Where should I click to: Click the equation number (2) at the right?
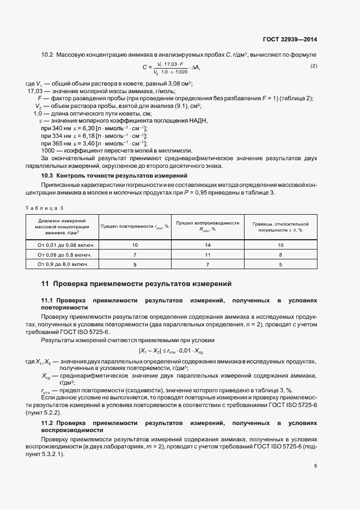[x=314, y=66]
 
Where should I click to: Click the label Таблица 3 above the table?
[x=45, y=208]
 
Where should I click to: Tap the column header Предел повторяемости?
[x=135, y=226]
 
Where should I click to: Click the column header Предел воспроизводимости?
[x=208, y=226]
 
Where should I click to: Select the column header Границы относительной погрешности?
[x=280, y=226]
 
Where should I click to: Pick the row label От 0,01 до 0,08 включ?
[x=62, y=245]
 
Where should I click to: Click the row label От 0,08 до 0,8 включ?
[x=62, y=254]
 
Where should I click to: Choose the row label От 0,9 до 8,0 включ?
[x=62, y=264]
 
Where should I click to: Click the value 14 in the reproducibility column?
[x=208, y=245]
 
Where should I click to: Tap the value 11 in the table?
[x=208, y=254]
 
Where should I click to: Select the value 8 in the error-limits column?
[x=280, y=254]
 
